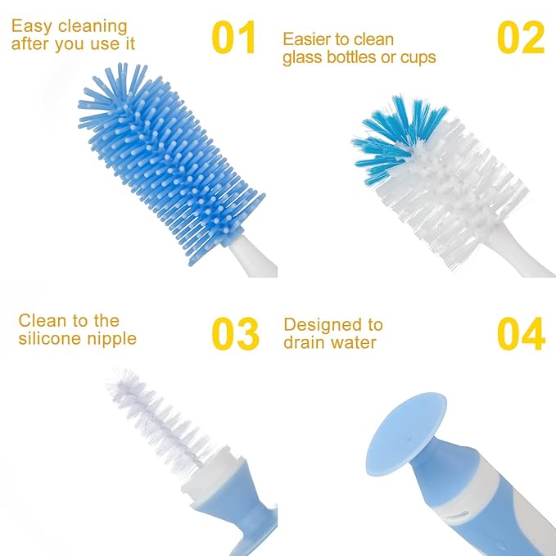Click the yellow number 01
tap(234, 38)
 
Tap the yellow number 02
tap(521, 38)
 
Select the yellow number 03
tap(236, 333)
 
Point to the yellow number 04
tap(521, 333)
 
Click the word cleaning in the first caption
tap(92, 28)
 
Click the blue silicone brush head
tap(168, 156)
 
